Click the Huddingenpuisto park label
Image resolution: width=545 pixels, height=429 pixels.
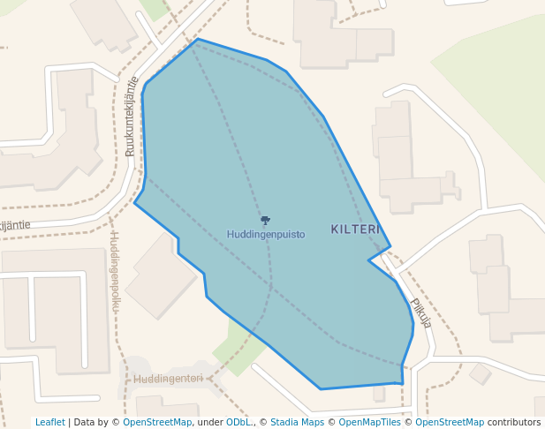(266, 235)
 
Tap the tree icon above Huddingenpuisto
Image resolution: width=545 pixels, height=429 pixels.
(265, 221)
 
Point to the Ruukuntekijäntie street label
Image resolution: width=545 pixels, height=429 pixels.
(132, 117)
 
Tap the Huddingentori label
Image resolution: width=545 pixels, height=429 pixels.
(168, 379)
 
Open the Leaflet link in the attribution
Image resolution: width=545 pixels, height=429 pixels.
(49, 422)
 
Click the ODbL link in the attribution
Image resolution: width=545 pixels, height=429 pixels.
(238, 422)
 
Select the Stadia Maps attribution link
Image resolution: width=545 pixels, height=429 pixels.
(297, 422)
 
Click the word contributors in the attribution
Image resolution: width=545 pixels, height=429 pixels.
(514, 422)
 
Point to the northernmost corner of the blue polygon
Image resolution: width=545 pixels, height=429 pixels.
(197, 39)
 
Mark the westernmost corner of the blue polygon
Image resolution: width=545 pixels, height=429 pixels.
(134, 204)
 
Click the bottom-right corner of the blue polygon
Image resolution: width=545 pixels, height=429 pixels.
(403, 383)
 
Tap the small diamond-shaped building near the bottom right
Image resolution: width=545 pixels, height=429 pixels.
(480, 374)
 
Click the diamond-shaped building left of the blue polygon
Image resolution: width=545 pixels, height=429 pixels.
(161, 276)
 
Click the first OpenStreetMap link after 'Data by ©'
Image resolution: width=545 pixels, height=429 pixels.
(157, 422)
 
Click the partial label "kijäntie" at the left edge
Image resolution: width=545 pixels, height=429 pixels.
(15, 225)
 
